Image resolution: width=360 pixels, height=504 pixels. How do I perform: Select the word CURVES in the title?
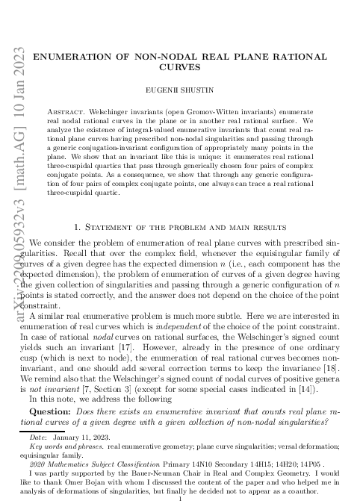click(x=181, y=66)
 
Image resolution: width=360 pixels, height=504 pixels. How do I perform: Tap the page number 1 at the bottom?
click(x=181, y=497)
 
